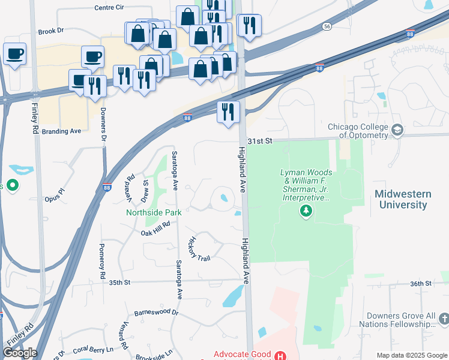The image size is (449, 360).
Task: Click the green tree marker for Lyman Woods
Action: [x=306, y=211]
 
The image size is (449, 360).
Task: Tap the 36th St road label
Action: [x=421, y=283]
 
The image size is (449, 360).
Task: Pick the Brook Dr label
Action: [x=50, y=31]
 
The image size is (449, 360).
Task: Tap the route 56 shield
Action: [x=327, y=26]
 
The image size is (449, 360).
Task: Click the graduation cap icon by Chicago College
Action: [x=397, y=130]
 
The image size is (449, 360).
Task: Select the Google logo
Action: [x=19, y=353]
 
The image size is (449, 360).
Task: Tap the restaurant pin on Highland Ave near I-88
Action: [x=228, y=112]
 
